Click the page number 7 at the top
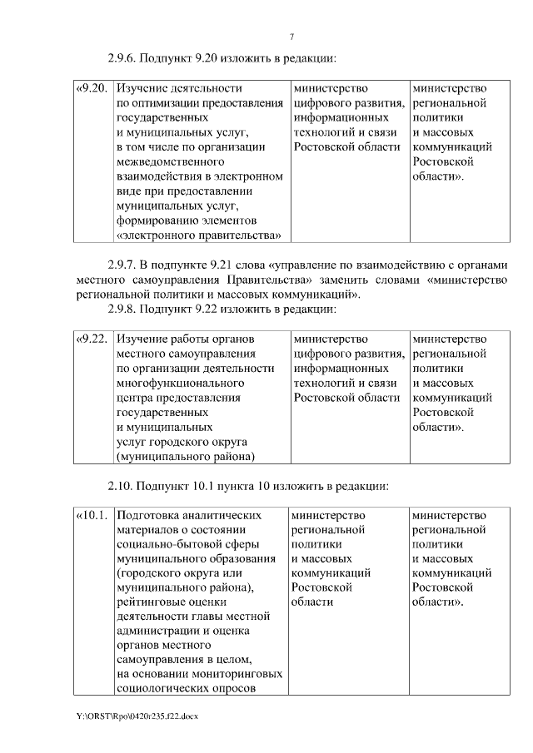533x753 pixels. tap(291, 36)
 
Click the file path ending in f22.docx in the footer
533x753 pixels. tap(136, 716)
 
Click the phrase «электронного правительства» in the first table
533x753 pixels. tap(199, 235)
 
